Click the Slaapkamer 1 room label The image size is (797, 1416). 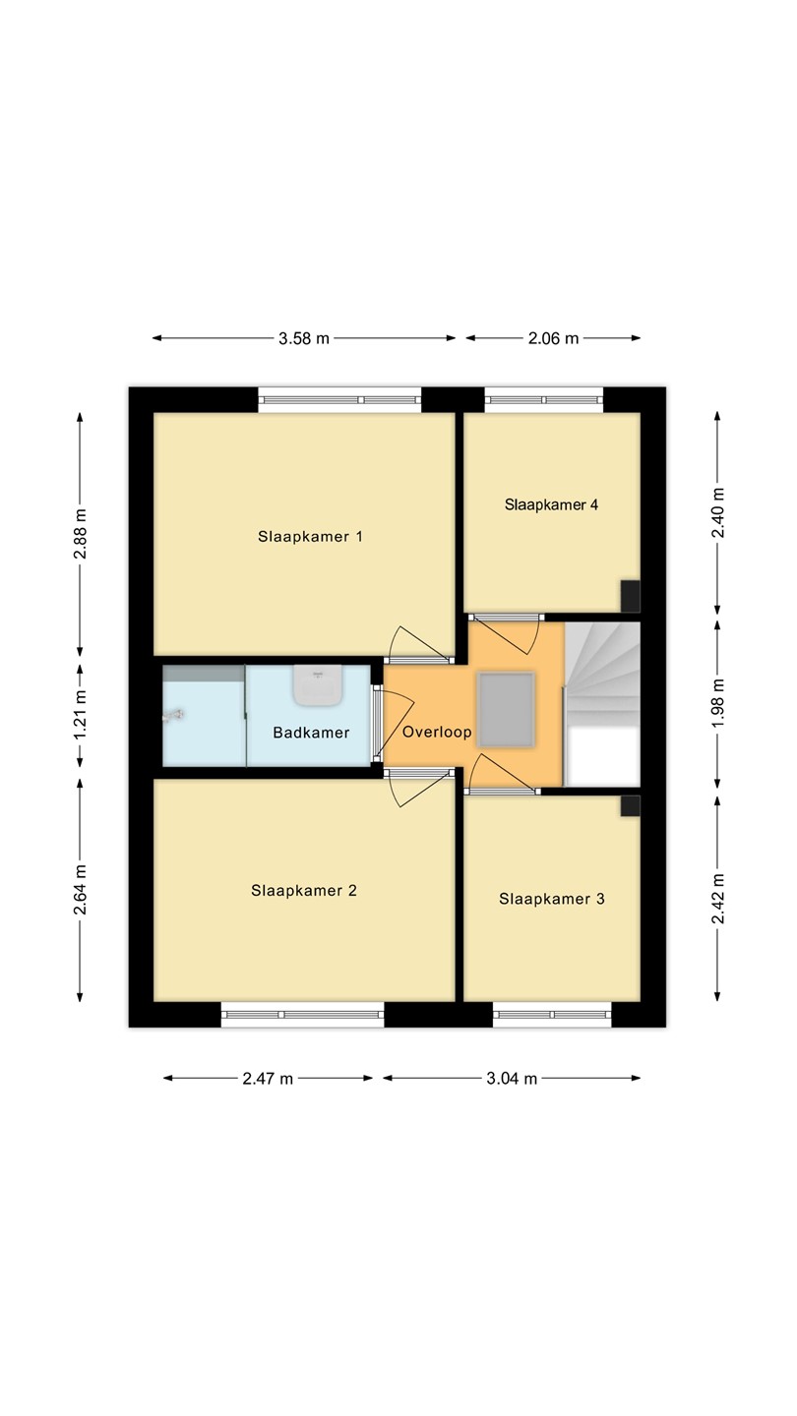(310, 537)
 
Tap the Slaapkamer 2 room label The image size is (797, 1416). (304, 891)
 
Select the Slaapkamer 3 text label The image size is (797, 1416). (552, 899)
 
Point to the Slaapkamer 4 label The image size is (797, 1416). (551, 504)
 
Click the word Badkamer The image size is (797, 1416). (311, 733)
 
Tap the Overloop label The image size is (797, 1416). (437, 732)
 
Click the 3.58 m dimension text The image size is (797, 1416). (304, 338)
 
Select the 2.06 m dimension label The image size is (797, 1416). (553, 338)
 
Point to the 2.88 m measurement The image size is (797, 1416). (81, 534)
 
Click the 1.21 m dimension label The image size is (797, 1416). (81, 716)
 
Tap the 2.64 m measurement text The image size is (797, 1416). (81, 889)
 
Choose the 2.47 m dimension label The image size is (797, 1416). (268, 1079)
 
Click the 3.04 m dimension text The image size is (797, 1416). (512, 1079)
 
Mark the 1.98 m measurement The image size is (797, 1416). (718, 703)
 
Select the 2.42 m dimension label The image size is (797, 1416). (718, 899)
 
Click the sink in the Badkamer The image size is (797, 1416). (318, 684)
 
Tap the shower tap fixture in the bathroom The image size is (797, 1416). (173, 716)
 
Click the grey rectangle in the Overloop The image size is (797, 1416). (506, 710)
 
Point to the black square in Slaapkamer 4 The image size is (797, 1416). (630, 596)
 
